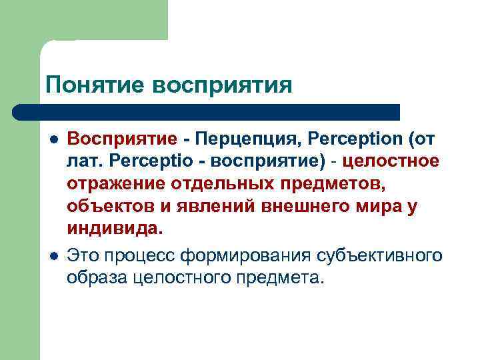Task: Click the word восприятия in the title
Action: pyautogui.click(x=223, y=85)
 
